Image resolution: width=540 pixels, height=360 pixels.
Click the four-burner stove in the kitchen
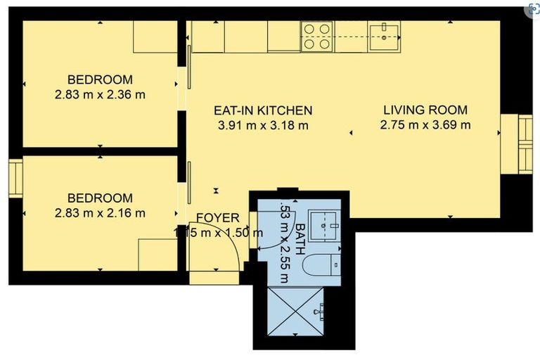click(x=317, y=36)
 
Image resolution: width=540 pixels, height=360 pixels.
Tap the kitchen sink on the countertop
click(x=384, y=35)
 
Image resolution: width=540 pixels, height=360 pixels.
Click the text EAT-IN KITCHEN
click(x=263, y=110)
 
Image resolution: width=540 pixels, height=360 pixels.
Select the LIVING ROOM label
click(x=425, y=110)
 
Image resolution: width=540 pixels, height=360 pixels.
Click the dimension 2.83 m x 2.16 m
click(x=99, y=212)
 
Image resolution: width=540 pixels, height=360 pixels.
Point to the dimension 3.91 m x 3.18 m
click(x=263, y=126)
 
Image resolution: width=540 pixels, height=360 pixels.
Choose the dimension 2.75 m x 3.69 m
click(x=425, y=126)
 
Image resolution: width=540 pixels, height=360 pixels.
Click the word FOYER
click(x=217, y=218)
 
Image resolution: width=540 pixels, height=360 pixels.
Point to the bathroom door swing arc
click(x=278, y=225)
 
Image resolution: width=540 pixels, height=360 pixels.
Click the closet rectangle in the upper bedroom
click(x=155, y=36)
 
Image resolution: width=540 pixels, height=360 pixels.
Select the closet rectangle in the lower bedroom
click(x=156, y=254)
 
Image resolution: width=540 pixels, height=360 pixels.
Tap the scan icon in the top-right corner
click(x=534, y=10)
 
